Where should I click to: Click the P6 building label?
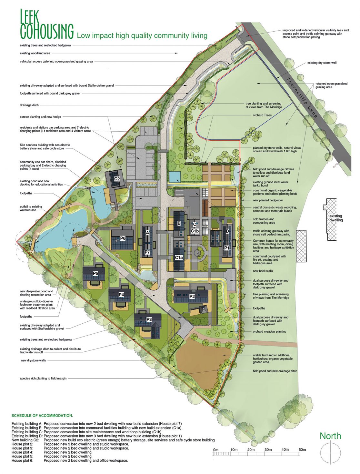pyautogui.click(x=123, y=238)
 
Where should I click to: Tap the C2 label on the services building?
pyautogui.click(x=117, y=179)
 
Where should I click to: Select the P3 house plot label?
pyautogui.click(x=149, y=319)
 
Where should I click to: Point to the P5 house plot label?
pyautogui.click(x=95, y=273)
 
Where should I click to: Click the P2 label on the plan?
pyautogui.click(x=192, y=296)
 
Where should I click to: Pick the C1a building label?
pyautogui.click(x=179, y=258)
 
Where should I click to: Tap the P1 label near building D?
pyautogui.click(x=226, y=248)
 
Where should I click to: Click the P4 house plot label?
pyautogui.click(x=121, y=295)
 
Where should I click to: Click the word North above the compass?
pyautogui.click(x=330, y=436)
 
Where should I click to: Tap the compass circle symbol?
pyautogui.click(x=330, y=453)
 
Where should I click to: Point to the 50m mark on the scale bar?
pyautogui.click(x=302, y=449)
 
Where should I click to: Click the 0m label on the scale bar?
pyautogui.click(x=216, y=449)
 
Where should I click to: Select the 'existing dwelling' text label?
pyautogui.click(x=336, y=218)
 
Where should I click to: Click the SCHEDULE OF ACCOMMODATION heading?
pyautogui.click(x=42, y=416)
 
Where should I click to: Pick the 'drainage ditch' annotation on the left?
pyautogui.click(x=29, y=105)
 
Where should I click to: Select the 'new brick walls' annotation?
pyautogui.click(x=263, y=271)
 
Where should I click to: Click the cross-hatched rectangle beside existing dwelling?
pyautogui.click(x=301, y=247)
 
